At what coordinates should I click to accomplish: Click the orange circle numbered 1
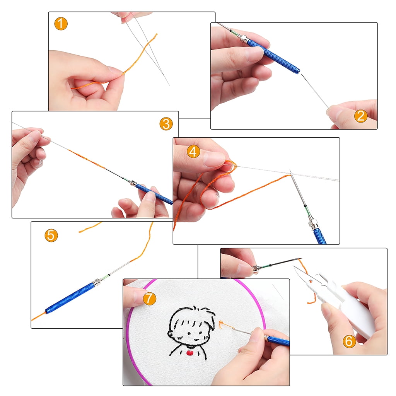click(x=61, y=24)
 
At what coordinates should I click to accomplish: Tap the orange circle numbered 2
click(x=361, y=116)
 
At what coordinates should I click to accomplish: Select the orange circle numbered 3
click(x=166, y=124)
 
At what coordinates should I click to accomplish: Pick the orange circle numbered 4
click(x=193, y=152)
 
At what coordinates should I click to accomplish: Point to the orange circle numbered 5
click(x=51, y=236)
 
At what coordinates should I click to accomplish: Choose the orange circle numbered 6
click(x=349, y=341)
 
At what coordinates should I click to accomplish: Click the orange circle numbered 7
click(x=150, y=298)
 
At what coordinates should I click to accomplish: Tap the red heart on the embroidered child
click(x=189, y=353)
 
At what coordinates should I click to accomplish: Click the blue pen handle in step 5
click(x=70, y=298)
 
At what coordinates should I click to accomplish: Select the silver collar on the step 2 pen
click(x=244, y=39)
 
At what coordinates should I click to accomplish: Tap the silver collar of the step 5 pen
click(x=96, y=282)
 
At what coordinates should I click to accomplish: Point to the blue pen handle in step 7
click(x=278, y=341)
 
